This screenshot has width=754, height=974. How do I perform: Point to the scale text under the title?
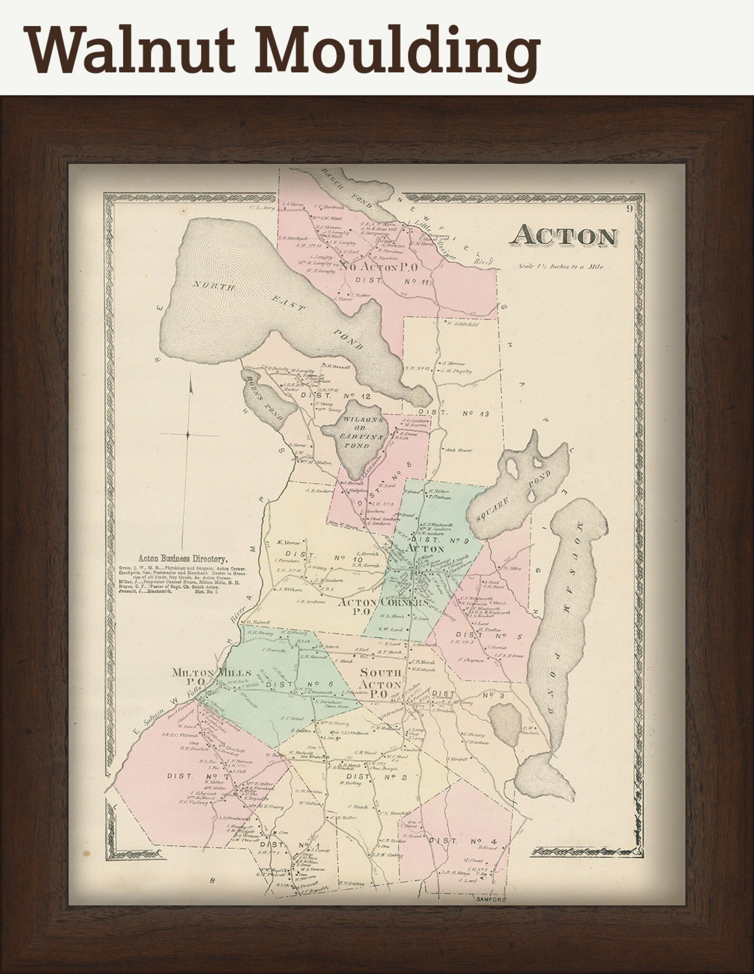point(561,267)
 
